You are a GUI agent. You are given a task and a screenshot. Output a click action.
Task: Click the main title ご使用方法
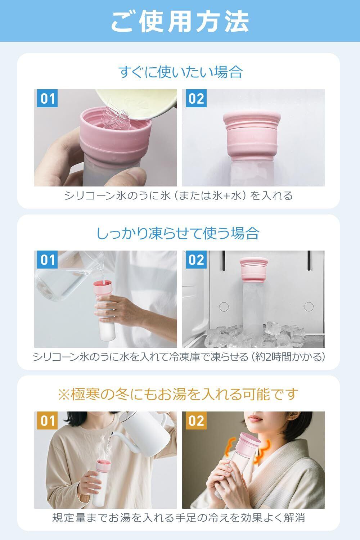(x=180, y=22)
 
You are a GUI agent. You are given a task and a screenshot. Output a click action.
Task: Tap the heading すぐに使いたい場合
(x=180, y=72)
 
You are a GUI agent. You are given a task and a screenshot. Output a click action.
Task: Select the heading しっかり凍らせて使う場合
(x=178, y=233)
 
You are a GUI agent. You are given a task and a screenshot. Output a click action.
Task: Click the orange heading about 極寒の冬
(x=178, y=394)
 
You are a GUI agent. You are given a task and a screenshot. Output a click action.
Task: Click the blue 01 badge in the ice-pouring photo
(x=47, y=98)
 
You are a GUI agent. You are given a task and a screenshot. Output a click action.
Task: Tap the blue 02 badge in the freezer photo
(x=196, y=260)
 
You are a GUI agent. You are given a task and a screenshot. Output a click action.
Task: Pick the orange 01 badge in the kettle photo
(x=47, y=421)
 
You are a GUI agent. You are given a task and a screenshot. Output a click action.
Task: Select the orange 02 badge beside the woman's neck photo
(x=196, y=421)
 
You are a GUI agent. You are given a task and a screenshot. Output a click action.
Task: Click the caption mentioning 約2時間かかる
(x=179, y=357)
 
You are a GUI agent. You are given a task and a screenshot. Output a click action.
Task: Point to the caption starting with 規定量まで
(x=179, y=518)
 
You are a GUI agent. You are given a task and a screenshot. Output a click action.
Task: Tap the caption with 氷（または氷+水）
(x=179, y=195)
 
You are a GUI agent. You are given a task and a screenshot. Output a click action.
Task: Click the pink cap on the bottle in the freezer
(x=254, y=270)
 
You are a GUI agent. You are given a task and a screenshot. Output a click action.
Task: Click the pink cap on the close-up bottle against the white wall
(x=252, y=136)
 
